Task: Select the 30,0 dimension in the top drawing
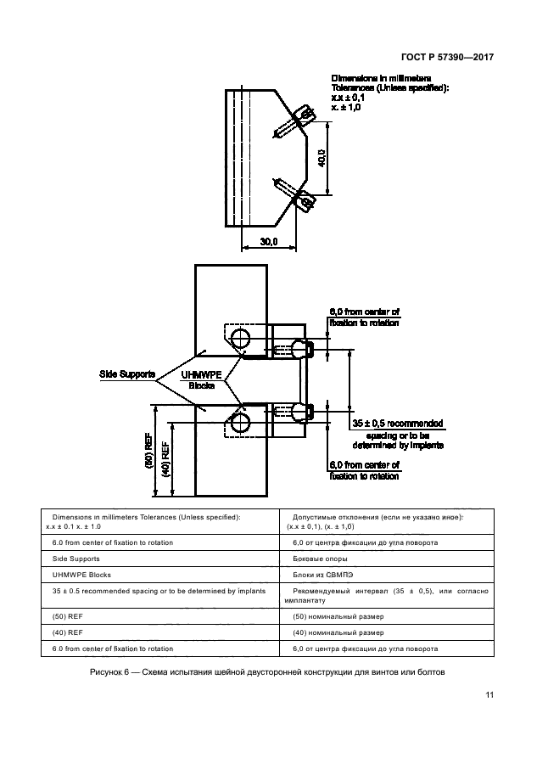point(269,242)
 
